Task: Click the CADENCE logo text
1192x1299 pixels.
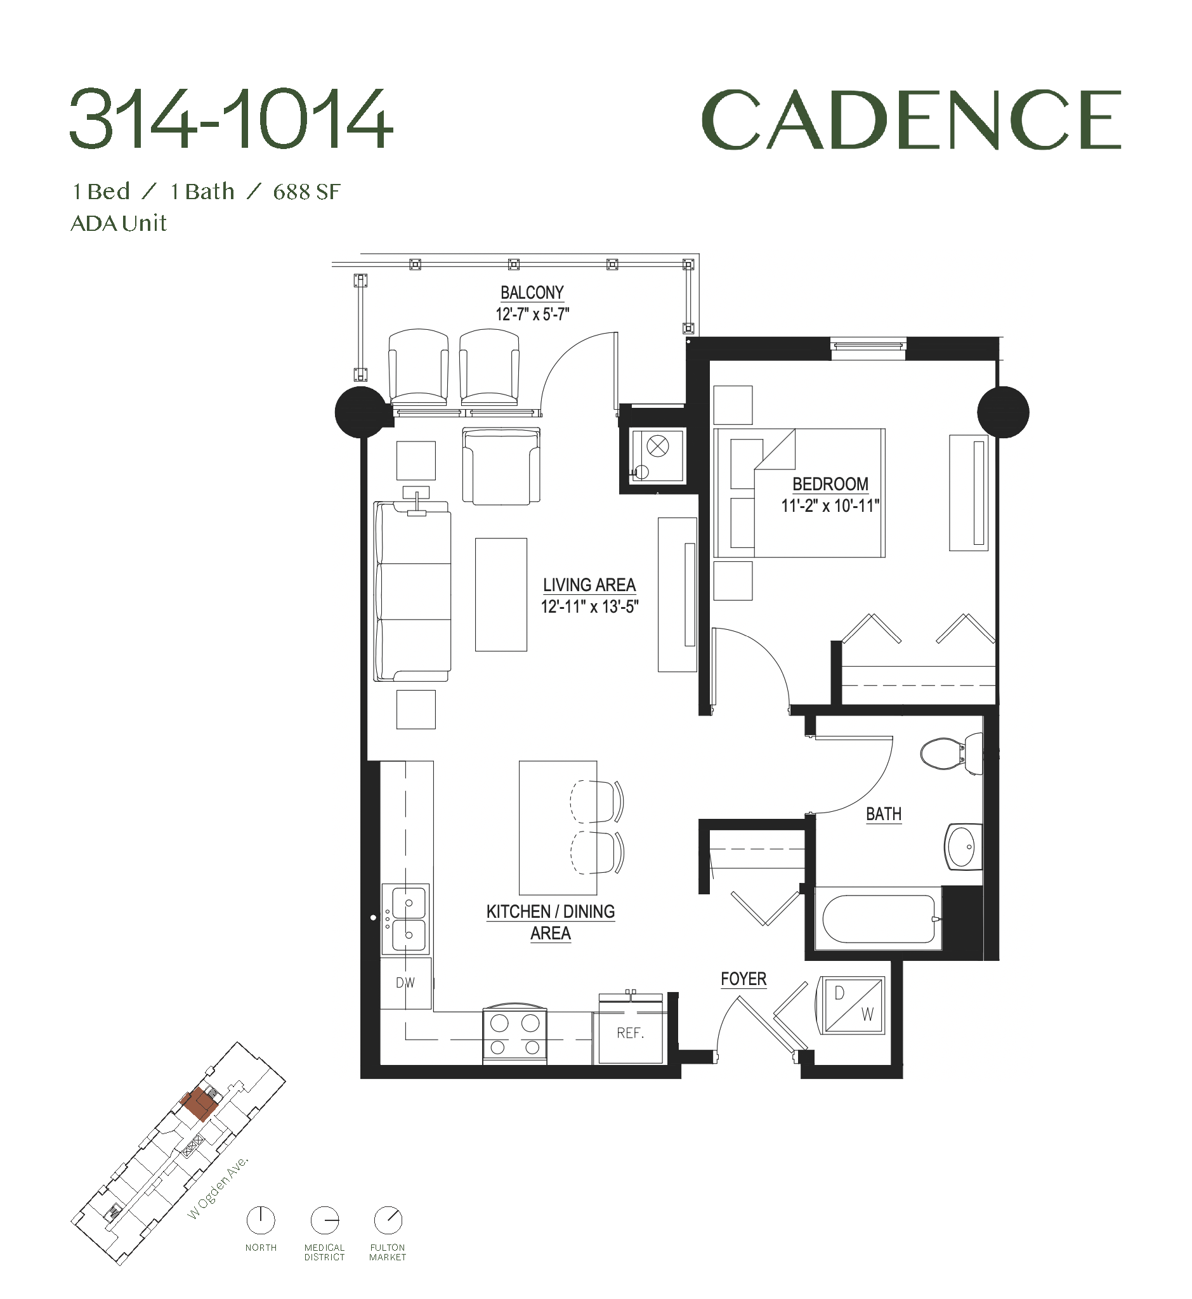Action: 911,120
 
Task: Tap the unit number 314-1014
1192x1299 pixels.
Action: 231,120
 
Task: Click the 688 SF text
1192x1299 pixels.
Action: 306,192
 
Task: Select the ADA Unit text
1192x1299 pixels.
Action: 119,223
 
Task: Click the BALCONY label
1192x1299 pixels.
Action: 532,293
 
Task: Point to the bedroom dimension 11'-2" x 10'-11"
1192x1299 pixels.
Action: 830,506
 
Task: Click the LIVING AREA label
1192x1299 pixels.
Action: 589,585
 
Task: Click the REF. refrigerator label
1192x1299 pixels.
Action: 630,1033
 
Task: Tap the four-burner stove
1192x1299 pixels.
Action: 514,1033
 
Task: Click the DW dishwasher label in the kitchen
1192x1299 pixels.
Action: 405,983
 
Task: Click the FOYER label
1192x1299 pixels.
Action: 743,979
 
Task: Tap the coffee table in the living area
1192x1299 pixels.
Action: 501,595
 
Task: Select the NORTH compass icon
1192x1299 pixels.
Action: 261,1220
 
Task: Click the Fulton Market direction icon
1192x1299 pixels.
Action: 388,1220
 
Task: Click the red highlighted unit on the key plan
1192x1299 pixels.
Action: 198,1106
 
